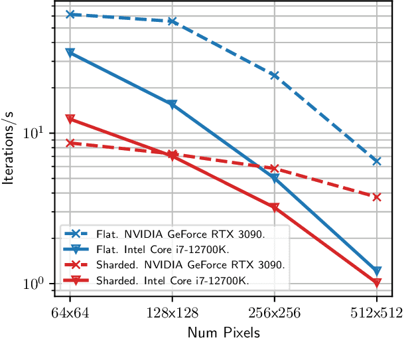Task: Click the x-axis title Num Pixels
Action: [223, 333]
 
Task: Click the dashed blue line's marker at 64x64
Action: [70, 14]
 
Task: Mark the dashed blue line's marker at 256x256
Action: [274, 76]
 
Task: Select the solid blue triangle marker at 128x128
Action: [172, 104]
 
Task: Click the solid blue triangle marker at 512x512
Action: [376, 271]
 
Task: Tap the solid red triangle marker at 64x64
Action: [70, 119]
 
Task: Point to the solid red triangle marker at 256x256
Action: [274, 207]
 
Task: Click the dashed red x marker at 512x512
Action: [376, 197]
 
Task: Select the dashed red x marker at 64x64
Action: [70, 143]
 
